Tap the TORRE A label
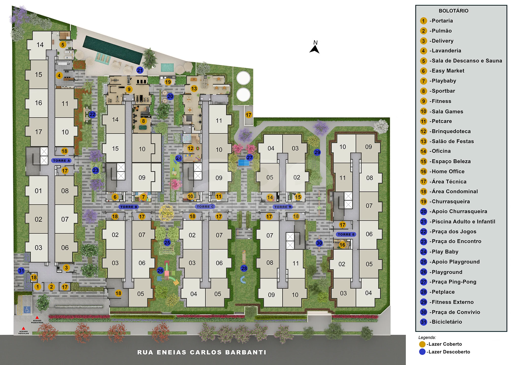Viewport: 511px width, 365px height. tap(61, 160)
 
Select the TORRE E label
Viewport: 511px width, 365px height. tap(346, 234)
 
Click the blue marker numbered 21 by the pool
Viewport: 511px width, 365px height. tap(140, 70)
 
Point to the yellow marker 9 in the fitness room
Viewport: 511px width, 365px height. tap(129, 89)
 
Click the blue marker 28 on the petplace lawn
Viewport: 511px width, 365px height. tap(244, 268)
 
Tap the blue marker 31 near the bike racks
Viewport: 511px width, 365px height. tap(21, 271)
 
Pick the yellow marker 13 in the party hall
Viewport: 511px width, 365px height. tap(194, 88)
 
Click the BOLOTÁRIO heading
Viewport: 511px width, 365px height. tap(453, 11)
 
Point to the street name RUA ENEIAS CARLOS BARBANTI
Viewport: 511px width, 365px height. tap(202, 352)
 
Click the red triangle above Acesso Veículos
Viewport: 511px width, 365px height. tap(23, 328)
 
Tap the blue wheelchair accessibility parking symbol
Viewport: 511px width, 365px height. tap(27, 309)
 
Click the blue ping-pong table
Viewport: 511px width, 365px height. tap(244, 163)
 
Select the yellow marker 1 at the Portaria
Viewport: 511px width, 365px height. tap(38, 287)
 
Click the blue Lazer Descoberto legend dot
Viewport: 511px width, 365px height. tap(422, 352)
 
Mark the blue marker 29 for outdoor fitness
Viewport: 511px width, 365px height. tap(317, 152)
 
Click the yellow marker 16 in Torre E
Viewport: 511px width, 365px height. tap(342, 245)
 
